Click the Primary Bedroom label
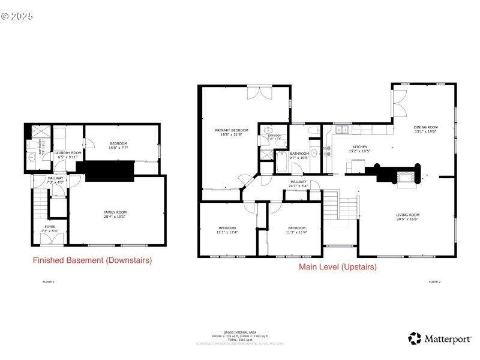232,132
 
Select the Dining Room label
426,130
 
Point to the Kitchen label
359,149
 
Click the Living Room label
407,217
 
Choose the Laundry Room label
67,155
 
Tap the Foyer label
49,229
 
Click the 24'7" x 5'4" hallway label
299,184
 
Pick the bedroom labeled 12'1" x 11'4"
227,230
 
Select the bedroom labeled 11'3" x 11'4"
296,230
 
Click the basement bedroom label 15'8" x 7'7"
118,146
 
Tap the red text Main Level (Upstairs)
338,267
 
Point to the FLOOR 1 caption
49,281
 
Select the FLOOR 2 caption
434,281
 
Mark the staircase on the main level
341,207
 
